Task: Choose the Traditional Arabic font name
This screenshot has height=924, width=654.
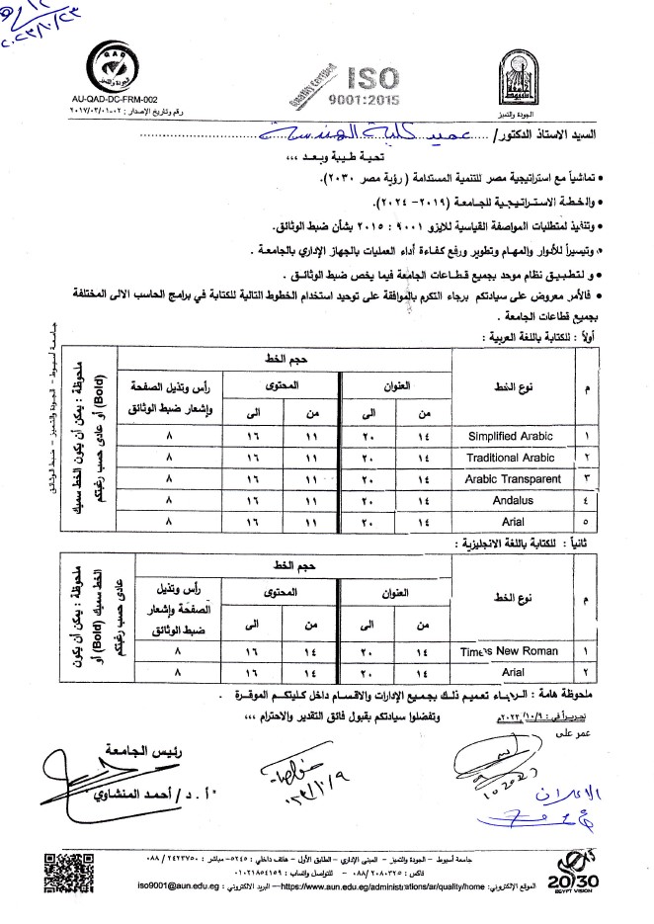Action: [x=508, y=458]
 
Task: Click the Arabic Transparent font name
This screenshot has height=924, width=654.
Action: [x=508, y=479]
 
